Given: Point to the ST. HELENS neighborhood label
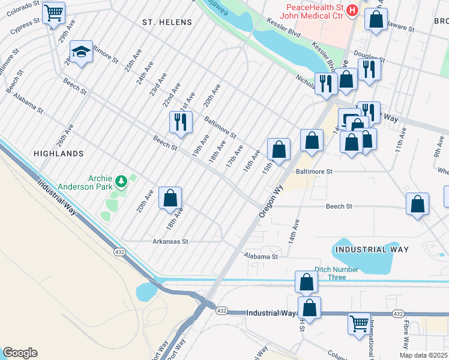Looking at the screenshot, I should (167, 22).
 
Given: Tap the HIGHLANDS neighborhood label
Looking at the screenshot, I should (59, 154).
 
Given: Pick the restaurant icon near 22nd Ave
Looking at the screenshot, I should (180, 122).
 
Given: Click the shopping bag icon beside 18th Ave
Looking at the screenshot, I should (170, 197).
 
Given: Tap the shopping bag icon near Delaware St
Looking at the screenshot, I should (376, 19).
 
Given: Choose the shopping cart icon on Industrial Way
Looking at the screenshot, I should (359, 323).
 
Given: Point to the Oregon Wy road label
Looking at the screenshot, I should (271, 201).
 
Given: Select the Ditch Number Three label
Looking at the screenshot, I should (330, 273).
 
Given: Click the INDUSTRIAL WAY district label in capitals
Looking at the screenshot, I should (372, 249).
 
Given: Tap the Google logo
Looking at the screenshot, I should (20, 353).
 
